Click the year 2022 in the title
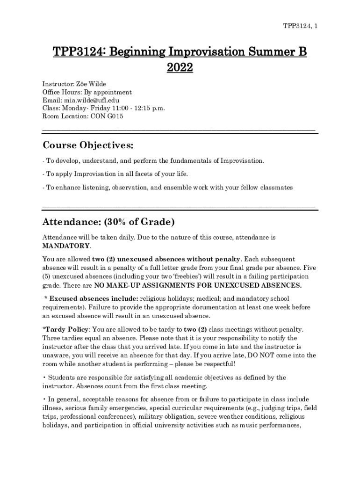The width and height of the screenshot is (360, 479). [180, 68]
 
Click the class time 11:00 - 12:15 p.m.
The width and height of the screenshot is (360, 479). [138, 108]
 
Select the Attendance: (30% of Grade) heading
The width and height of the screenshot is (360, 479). [108, 221]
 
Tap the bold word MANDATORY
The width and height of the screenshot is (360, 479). [66, 246]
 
